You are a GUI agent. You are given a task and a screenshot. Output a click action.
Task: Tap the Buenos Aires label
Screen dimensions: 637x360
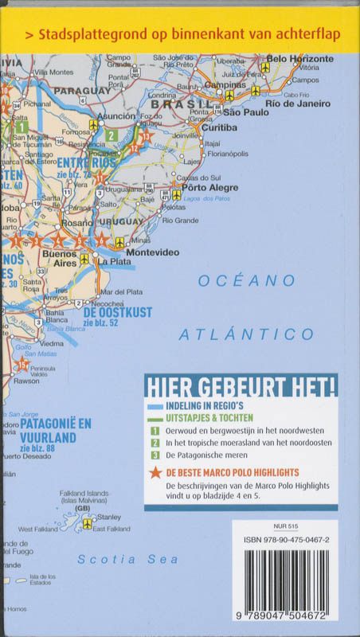(x=60, y=257)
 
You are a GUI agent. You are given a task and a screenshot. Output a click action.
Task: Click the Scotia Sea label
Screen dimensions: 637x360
(x=127, y=560)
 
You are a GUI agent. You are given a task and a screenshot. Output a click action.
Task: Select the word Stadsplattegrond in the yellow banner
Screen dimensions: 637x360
(x=80, y=35)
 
